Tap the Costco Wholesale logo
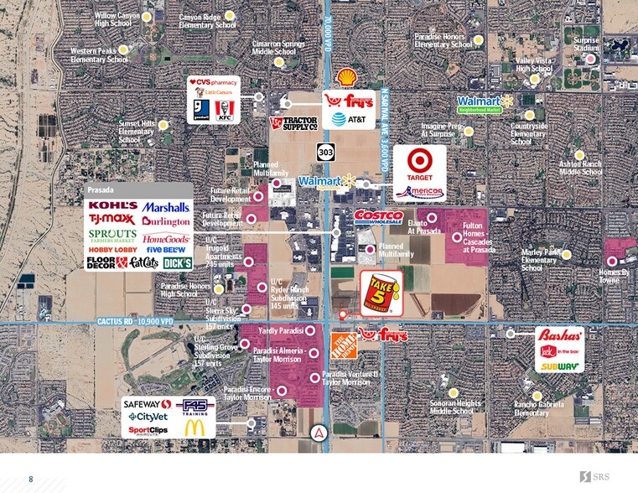379,218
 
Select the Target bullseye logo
420,159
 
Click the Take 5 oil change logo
379,292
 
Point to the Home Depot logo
343,344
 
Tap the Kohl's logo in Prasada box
112,205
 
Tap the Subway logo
559,366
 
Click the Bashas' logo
559,335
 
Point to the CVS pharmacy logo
213,82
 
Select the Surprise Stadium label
586,44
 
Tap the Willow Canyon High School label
117,19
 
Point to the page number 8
30,479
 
